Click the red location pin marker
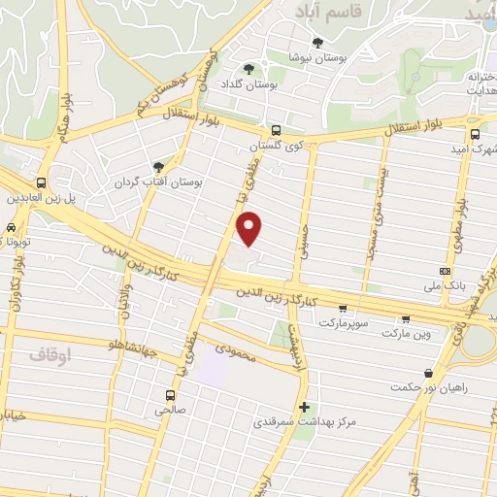click(x=250, y=228)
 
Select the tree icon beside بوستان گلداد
click(x=249, y=68)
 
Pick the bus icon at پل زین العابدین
click(x=42, y=182)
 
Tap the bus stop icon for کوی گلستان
click(x=276, y=129)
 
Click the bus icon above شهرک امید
click(x=475, y=135)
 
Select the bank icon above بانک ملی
click(x=445, y=271)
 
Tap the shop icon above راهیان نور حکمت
click(x=428, y=373)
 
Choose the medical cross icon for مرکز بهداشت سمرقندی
click(x=306, y=407)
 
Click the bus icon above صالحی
click(x=171, y=395)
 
